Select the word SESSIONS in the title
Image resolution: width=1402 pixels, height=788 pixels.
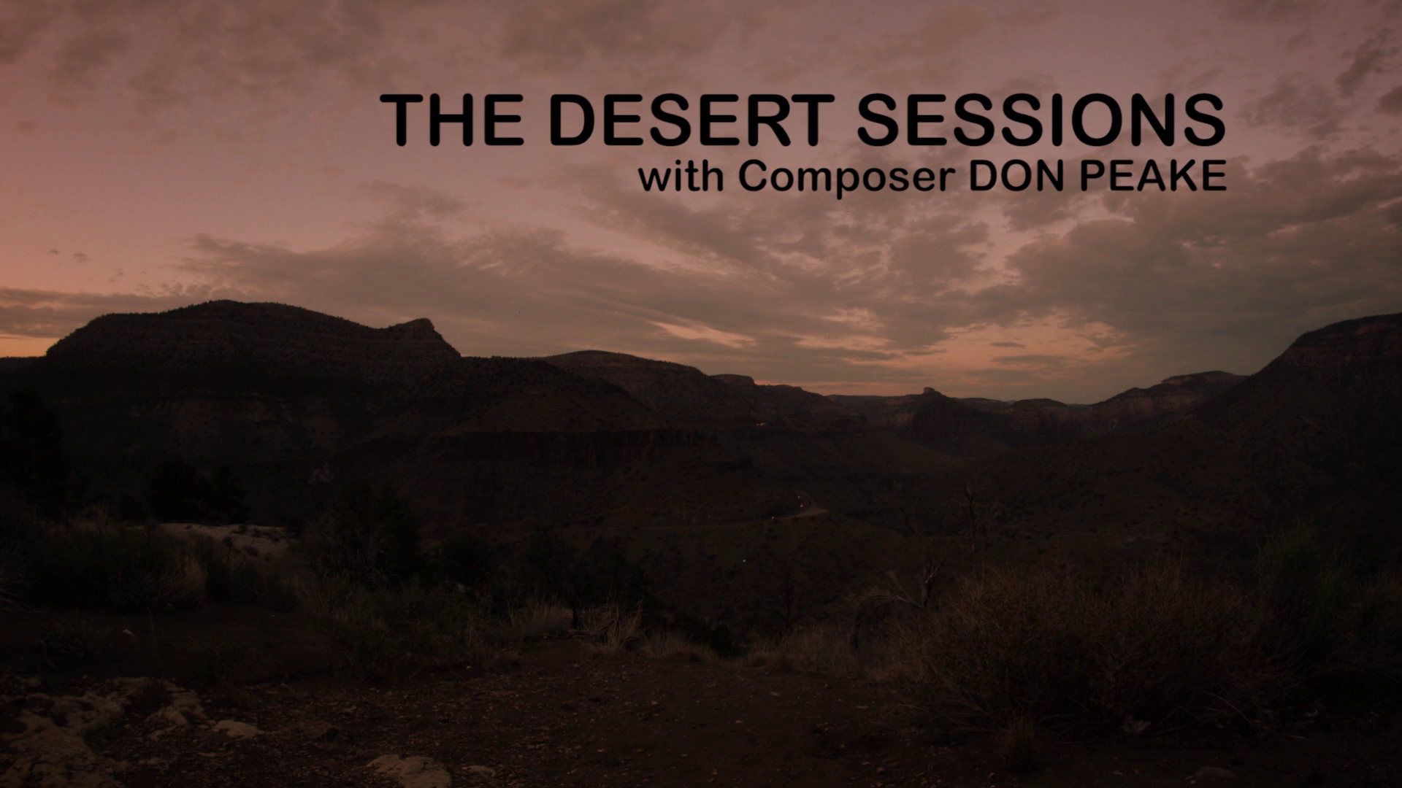(x=1041, y=120)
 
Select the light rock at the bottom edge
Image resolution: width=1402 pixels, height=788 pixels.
(x=409, y=770)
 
